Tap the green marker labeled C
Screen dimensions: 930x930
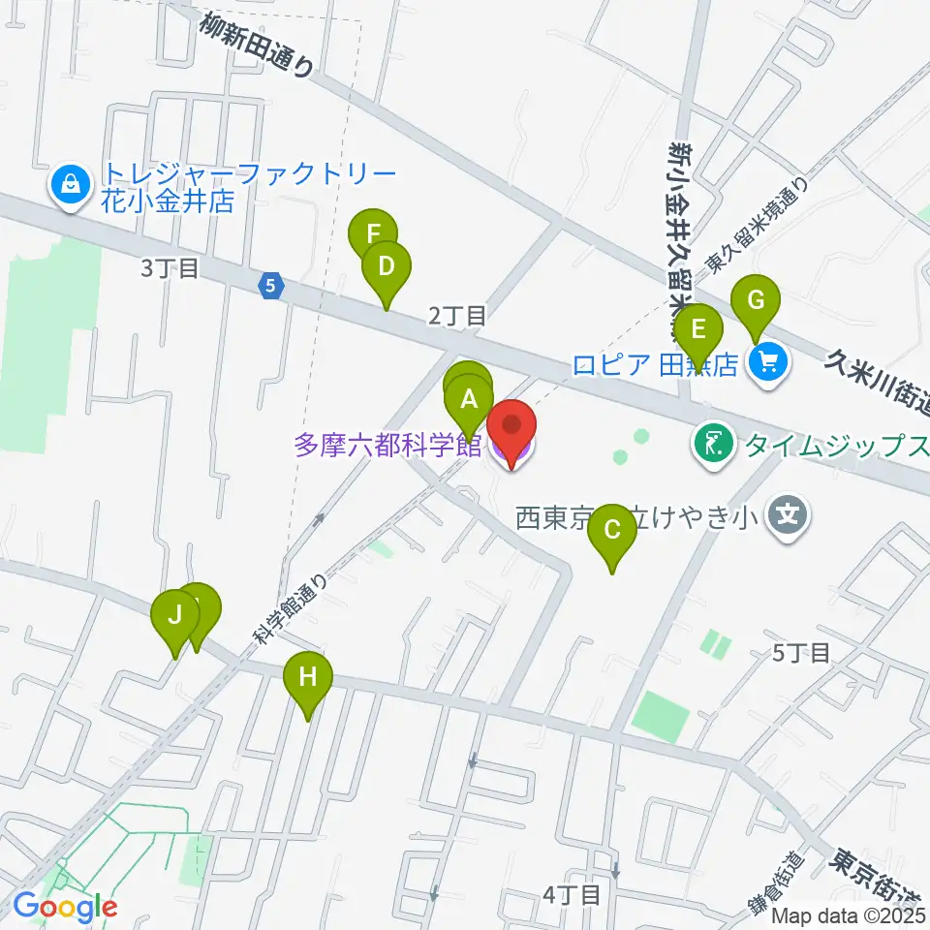point(612,531)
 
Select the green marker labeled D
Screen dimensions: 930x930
point(387,267)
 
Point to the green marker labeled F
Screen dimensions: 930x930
point(373,235)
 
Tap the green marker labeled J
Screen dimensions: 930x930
point(175,616)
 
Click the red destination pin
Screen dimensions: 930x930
point(511,429)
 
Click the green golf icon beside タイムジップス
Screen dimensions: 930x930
point(714,445)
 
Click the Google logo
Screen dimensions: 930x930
point(65,907)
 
